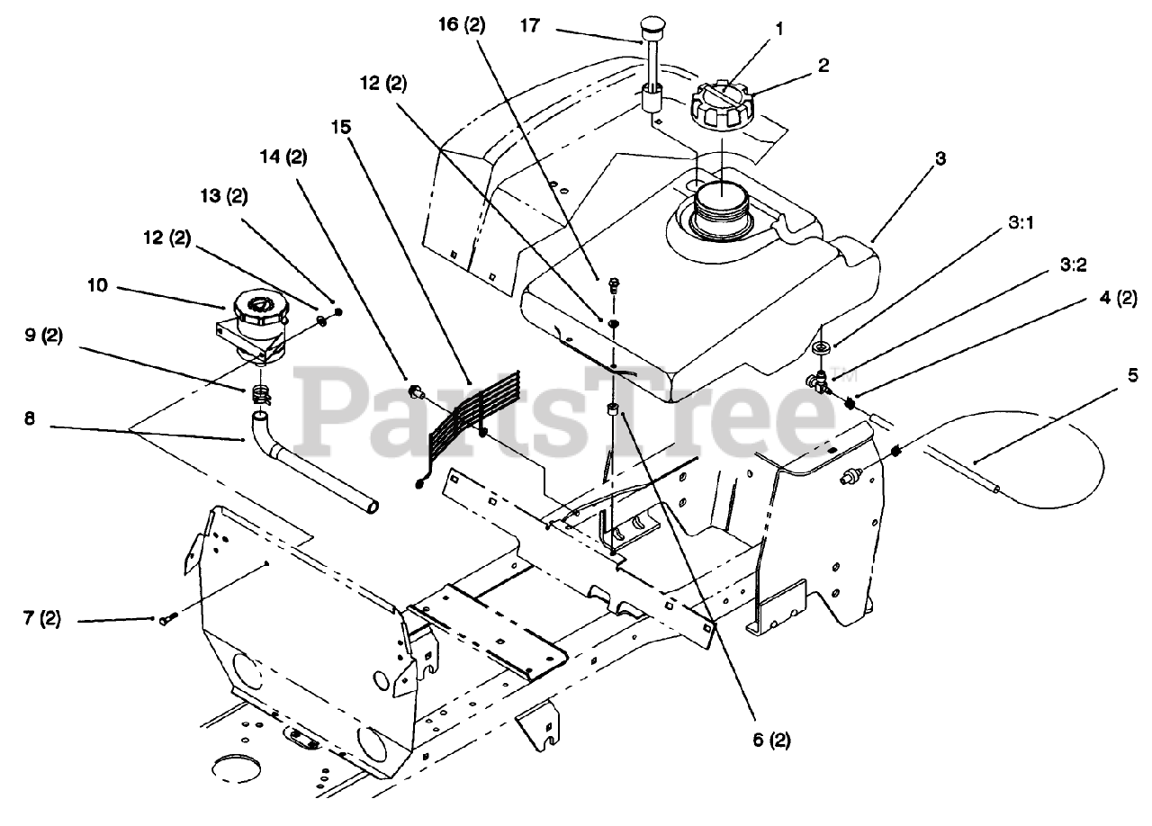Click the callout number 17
[x=530, y=25]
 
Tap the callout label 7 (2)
[x=42, y=619]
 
